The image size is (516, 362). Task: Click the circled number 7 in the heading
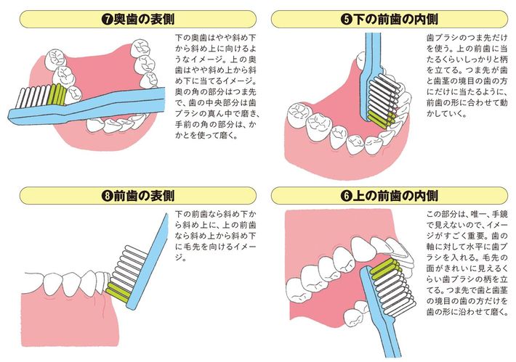[x=108, y=20]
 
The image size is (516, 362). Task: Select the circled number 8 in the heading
[x=108, y=196]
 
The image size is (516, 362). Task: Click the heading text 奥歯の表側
[x=144, y=20]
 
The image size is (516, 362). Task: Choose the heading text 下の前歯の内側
[x=395, y=20]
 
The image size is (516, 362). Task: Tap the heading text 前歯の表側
[x=144, y=196]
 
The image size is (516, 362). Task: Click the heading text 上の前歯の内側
[x=395, y=196]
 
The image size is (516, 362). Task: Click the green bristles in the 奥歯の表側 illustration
[x=57, y=94]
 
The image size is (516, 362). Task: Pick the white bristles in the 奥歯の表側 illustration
[x=32, y=97]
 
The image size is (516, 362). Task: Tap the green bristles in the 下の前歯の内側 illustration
[x=382, y=118]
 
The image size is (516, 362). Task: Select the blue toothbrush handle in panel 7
[x=86, y=106]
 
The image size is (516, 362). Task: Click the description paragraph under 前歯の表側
[x=215, y=236]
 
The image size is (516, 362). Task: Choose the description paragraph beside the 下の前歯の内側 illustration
[x=467, y=75]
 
